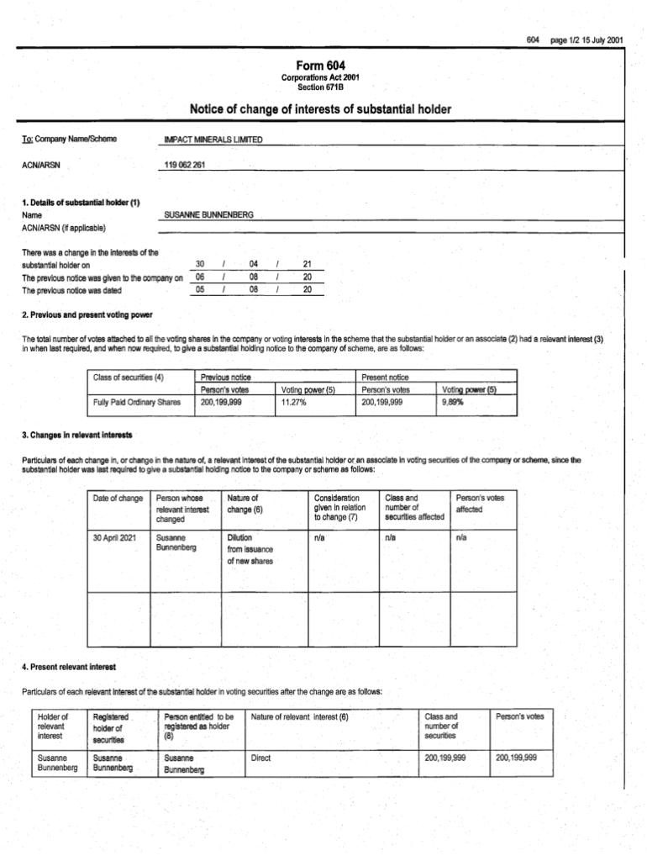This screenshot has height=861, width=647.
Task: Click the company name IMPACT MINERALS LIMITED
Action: [x=215, y=139]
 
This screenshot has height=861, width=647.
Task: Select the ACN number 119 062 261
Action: [x=186, y=164]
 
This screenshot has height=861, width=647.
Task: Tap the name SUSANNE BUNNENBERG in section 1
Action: [x=210, y=215]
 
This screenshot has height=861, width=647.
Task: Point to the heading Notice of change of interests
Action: [x=320, y=109]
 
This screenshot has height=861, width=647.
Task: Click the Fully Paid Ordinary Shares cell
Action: [x=137, y=403]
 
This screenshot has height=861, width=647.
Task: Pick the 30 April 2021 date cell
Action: [x=118, y=537]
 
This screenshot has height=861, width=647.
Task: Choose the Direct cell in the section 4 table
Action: [x=261, y=758]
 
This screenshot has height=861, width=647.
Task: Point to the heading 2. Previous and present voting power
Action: [x=87, y=314]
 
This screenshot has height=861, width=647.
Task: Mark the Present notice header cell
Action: [x=386, y=378]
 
